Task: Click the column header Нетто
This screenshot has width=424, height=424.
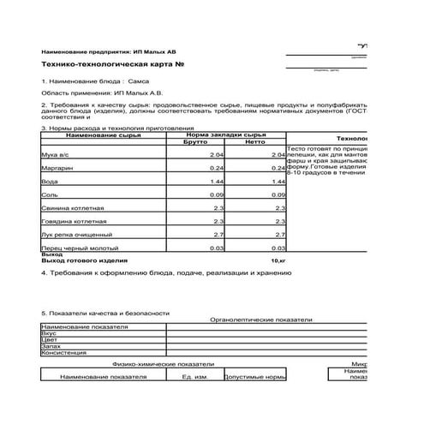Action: click(256, 143)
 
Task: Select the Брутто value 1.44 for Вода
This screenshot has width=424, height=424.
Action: click(216, 182)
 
